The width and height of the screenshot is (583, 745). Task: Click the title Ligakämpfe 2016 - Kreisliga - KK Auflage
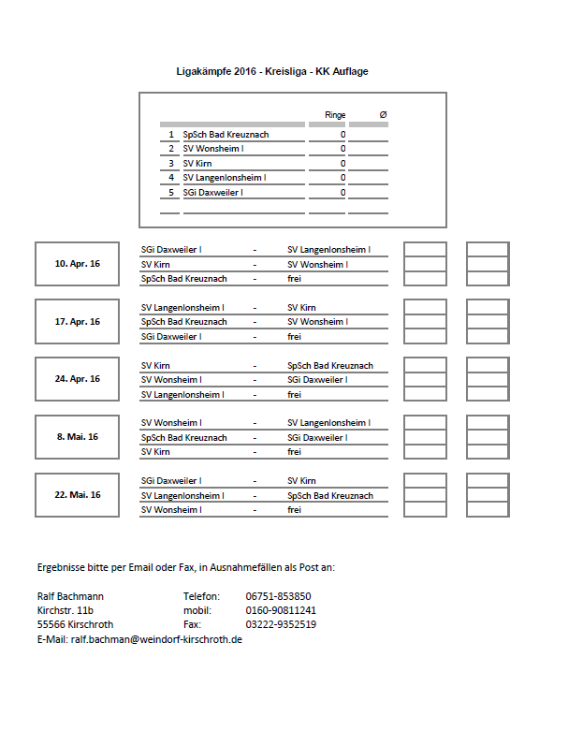click(279, 71)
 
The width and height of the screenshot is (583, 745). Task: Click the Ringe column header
click(335, 115)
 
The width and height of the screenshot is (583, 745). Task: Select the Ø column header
click(383, 115)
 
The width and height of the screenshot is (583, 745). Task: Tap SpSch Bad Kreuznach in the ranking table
click(226, 135)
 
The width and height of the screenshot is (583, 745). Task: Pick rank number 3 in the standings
click(171, 164)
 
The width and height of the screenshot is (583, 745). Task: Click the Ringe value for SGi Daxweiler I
click(343, 193)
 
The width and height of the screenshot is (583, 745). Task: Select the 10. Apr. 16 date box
click(77, 264)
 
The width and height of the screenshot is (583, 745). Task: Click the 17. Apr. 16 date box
click(77, 321)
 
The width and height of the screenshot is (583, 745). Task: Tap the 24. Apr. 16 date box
click(77, 379)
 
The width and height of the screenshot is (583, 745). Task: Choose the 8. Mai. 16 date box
click(77, 437)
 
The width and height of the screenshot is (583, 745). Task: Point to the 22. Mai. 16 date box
click(77, 495)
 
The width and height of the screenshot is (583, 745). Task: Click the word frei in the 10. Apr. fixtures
click(294, 279)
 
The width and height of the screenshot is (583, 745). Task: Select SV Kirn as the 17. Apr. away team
click(301, 307)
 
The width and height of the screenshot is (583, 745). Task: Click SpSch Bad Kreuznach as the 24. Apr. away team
click(330, 365)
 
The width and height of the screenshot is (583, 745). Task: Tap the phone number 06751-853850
click(279, 596)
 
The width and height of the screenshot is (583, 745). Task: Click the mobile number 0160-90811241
click(282, 610)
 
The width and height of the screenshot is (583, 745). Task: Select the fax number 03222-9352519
click(281, 624)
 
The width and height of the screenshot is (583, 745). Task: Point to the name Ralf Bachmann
click(70, 596)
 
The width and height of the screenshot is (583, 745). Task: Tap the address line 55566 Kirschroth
click(76, 624)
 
